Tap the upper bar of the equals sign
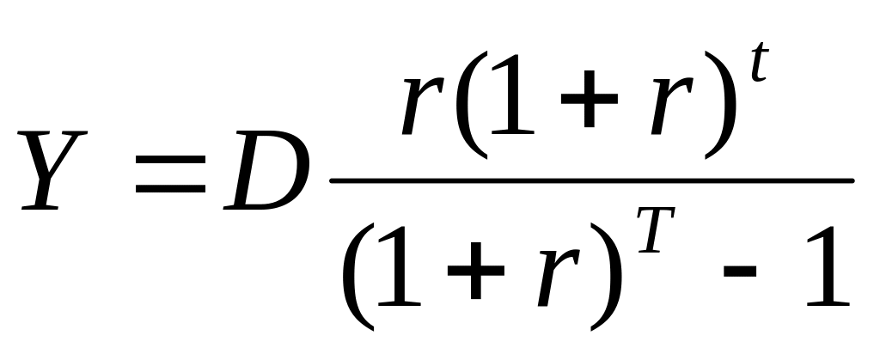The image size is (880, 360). tap(171, 159)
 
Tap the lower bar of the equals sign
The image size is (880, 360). tap(171, 188)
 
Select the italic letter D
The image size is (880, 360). tap(266, 170)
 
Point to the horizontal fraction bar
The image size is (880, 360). tap(592, 180)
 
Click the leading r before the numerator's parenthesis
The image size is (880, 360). tap(423, 106)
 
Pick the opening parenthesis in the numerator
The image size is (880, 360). tap(472, 105)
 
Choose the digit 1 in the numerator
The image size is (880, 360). tap(513, 95)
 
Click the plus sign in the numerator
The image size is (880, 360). tap(590, 100)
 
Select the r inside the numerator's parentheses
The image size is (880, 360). tap(672, 106)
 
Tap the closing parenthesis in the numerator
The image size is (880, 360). tap(720, 105)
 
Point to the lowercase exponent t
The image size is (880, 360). tap(759, 62)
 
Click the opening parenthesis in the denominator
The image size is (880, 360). tap(358, 277)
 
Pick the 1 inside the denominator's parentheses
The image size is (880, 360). tap(400, 265)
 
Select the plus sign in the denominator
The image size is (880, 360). tap(476, 271)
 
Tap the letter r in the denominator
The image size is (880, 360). tap(559, 277)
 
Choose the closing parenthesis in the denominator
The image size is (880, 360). tap(607, 277)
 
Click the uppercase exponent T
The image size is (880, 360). tap(656, 230)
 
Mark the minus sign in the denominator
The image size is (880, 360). tap(740, 272)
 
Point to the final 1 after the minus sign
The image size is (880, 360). tap(828, 265)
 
